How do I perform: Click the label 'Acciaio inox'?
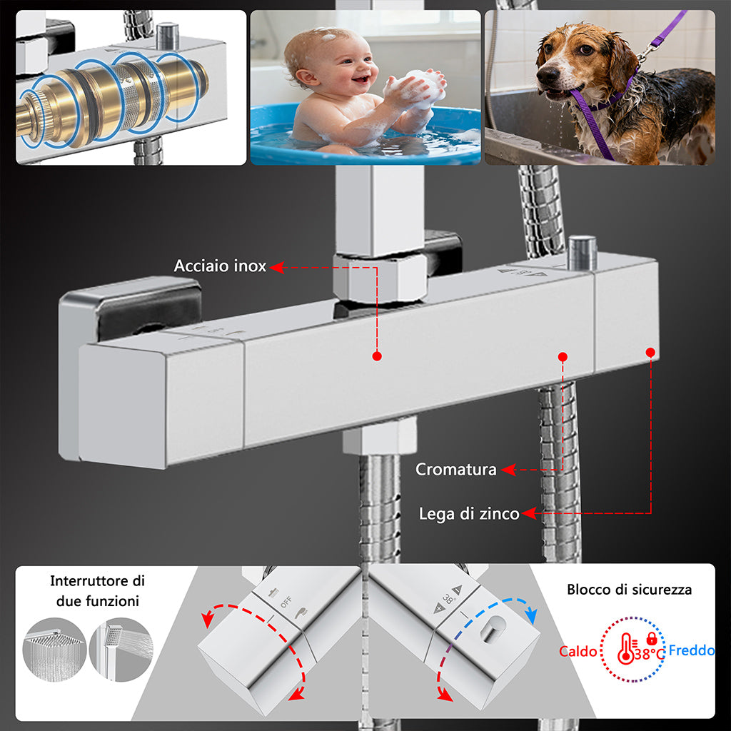[x=220, y=266]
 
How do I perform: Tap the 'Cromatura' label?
[x=456, y=469]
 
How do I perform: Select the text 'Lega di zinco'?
[x=469, y=514]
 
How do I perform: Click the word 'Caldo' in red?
[x=578, y=651]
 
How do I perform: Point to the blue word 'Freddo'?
[x=691, y=650]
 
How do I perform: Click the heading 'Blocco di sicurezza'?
[x=629, y=590]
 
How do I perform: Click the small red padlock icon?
[x=652, y=639]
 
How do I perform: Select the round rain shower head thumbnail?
[x=54, y=650]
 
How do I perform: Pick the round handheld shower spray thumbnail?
[x=121, y=650]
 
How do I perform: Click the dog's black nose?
[x=548, y=74]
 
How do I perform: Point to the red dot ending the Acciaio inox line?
[x=377, y=356]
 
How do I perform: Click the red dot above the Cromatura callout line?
[x=563, y=357]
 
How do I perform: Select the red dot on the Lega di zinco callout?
[x=650, y=353]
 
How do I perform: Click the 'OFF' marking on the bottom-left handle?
[x=286, y=602]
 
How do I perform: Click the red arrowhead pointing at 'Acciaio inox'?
[x=277, y=267]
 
